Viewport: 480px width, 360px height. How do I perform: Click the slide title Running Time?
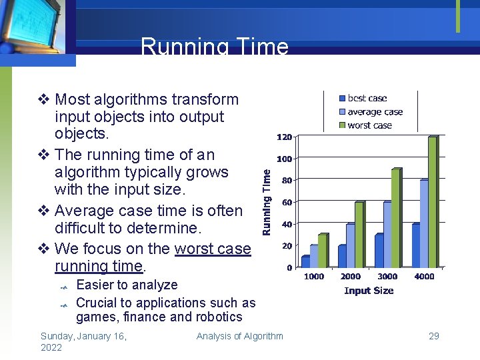pyautogui.click(x=215, y=47)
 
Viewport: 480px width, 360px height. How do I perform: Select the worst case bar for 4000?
pyautogui.click(x=432, y=201)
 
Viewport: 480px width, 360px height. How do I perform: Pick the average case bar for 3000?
pyautogui.click(x=387, y=234)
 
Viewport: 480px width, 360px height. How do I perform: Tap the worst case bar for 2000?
pyautogui.click(x=359, y=234)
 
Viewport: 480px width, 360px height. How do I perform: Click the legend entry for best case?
pyautogui.click(x=367, y=99)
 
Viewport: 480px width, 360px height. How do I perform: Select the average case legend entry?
pyautogui.click(x=375, y=112)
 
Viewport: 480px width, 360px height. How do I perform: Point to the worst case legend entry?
pyautogui.click(x=369, y=125)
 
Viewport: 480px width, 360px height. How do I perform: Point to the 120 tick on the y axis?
pyautogui.click(x=284, y=137)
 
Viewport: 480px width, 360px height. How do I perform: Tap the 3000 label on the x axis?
pyautogui.click(x=387, y=277)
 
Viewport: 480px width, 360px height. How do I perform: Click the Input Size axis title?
pyautogui.click(x=369, y=291)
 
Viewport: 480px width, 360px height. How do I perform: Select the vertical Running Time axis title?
pyautogui.click(x=267, y=201)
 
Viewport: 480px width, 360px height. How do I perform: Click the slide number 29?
pyautogui.click(x=433, y=336)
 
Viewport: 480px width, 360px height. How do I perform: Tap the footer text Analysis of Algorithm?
pyautogui.click(x=239, y=336)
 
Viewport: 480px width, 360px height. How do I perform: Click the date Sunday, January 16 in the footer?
pyautogui.click(x=83, y=336)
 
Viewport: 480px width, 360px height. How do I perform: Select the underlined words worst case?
pyautogui.click(x=213, y=249)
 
